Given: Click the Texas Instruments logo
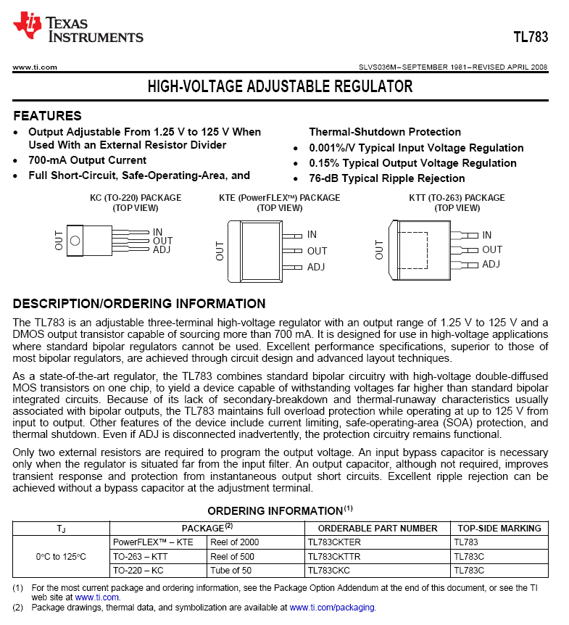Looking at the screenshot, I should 78,28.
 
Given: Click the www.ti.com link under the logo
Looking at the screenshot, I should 35,67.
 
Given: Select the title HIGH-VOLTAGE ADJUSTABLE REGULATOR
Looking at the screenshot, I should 280,87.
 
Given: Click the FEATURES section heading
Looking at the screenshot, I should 47,116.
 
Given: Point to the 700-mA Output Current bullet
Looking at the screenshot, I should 87,160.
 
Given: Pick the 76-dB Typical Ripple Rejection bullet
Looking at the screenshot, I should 387,178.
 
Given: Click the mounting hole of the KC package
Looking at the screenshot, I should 75,241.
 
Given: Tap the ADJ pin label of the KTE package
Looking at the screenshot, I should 316,267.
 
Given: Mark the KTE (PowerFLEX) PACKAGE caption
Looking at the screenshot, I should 279,198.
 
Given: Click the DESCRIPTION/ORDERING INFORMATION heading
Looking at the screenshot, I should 139,304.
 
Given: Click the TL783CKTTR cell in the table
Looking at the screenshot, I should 334,556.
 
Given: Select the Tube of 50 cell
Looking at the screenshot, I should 231,570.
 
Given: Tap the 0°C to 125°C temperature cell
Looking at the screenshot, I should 61,556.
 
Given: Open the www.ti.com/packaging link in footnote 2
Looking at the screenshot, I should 332,608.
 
